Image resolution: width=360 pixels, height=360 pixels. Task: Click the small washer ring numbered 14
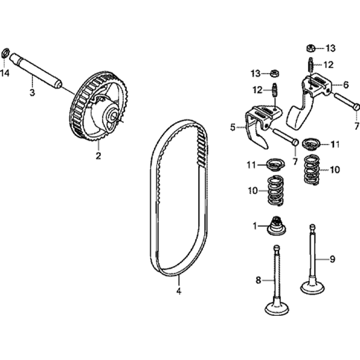(x=6, y=53)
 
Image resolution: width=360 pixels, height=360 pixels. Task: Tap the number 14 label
(x=5, y=73)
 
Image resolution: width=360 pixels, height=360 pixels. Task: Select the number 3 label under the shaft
(x=32, y=93)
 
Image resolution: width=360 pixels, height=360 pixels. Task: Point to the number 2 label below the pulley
(x=98, y=156)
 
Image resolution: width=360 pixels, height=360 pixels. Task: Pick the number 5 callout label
(x=233, y=127)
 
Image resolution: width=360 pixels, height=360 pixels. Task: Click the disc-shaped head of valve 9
(x=312, y=287)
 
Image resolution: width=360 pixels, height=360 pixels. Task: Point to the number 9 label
(x=332, y=259)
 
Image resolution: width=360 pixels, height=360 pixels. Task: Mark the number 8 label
(x=258, y=280)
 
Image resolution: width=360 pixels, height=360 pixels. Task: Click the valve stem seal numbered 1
(x=276, y=226)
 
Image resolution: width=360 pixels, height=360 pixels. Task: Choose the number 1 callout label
(x=255, y=226)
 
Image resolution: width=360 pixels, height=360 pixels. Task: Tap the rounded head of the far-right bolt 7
(x=356, y=107)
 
